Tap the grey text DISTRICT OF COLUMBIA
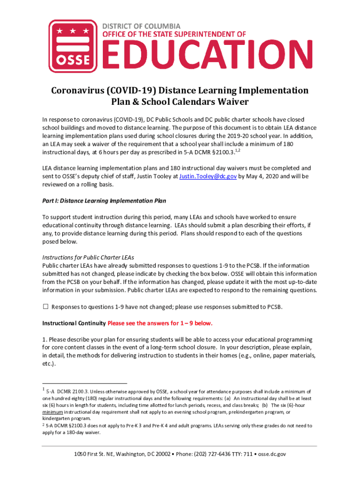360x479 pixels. tap(141, 26)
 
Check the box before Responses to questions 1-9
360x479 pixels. tap(46, 307)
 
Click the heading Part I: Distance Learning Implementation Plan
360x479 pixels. tap(104, 201)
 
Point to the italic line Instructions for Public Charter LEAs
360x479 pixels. tap(88, 257)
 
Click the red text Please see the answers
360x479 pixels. tap(160, 323)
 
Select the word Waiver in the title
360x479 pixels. tap(231, 102)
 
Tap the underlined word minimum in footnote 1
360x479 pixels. tap(52, 412)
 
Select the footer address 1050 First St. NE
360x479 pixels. tap(101, 454)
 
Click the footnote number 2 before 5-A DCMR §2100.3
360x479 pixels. tap(43, 425)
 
